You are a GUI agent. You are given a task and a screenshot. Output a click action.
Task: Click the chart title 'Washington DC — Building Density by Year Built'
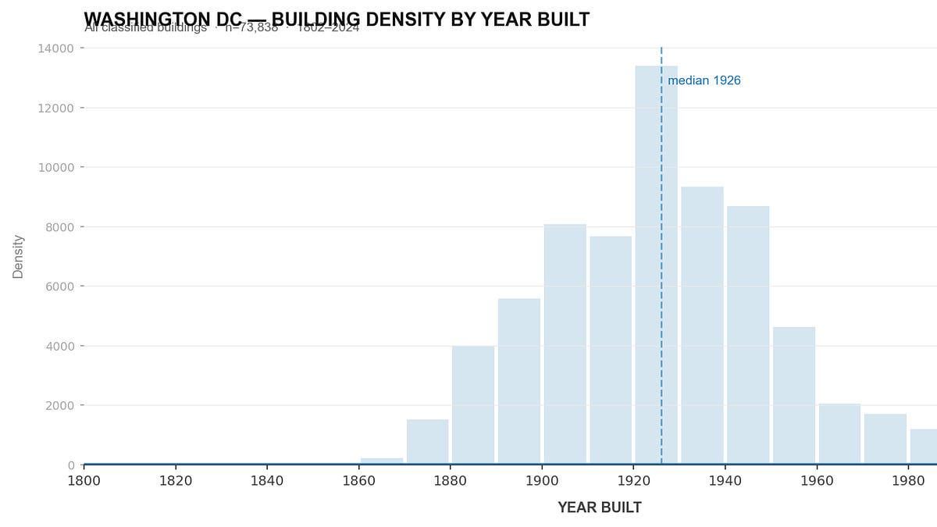point(337,19)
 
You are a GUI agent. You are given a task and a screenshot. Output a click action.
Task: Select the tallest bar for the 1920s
point(656,265)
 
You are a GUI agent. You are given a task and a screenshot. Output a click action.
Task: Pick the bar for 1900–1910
point(565,344)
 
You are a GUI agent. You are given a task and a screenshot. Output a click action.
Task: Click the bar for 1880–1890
point(473,405)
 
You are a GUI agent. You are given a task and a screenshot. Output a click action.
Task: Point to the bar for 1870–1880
point(428,442)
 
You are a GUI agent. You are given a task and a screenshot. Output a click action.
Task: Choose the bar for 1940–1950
point(748,335)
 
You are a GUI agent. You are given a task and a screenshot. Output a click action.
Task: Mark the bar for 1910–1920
point(611,351)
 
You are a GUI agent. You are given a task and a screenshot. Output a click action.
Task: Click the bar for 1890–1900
point(519,382)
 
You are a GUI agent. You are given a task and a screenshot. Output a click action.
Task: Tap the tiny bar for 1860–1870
point(382,461)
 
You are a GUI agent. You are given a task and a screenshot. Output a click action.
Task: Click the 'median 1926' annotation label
point(704,80)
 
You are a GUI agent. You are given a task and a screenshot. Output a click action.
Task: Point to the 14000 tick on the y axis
point(55,48)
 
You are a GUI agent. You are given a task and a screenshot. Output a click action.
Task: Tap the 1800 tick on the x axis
point(84,480)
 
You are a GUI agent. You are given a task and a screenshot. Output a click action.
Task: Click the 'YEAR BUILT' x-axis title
point(600,507)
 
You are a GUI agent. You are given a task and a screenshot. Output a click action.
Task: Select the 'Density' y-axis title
point(18,257)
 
